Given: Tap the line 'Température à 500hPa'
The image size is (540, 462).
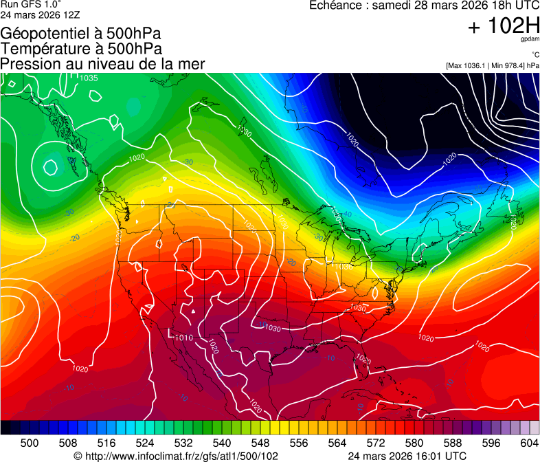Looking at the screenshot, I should point(81,49).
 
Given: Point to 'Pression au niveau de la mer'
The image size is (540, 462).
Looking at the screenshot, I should point(102,64).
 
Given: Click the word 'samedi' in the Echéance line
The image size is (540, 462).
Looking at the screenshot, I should point(392,5).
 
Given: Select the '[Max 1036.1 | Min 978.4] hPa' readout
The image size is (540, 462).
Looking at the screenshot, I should point(492,66).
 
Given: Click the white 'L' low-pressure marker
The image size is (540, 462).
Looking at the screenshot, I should point(170,333).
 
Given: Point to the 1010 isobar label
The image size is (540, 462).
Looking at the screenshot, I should point(183,338).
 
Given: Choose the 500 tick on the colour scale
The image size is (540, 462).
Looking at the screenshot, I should point(30,443).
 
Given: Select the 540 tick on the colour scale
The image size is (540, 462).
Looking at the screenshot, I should point(222,443).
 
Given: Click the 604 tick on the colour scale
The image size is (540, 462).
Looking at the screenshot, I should point(529,443).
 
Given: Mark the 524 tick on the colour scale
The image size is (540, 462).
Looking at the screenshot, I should point(145,443).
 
